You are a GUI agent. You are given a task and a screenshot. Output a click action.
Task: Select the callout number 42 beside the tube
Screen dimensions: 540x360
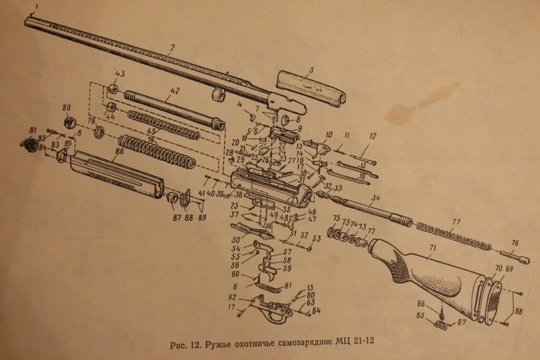point(174,91)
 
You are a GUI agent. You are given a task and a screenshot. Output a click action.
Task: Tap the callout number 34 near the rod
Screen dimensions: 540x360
point(375,198)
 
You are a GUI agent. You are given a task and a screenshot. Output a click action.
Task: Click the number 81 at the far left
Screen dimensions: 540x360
point(33,130)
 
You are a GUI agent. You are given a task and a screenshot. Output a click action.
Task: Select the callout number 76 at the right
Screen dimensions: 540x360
point(515,243)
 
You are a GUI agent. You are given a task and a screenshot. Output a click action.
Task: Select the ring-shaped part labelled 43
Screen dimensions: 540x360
point(112,89)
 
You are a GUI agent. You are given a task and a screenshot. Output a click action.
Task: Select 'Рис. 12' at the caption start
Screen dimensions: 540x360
point(186,345)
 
